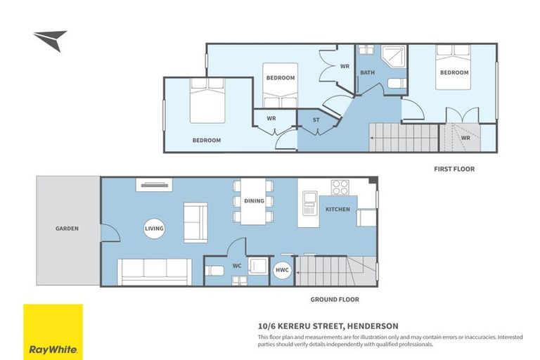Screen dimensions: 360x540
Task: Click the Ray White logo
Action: point(53,332)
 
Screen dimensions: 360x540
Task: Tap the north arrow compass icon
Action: point(50,39)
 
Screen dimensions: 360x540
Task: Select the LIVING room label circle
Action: point(154,229)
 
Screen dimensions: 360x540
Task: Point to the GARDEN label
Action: point(67,229)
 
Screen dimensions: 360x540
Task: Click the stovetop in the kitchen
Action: point(340,188)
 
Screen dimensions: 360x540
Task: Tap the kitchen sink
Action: point(309,206)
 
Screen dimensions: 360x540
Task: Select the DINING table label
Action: point(254,201)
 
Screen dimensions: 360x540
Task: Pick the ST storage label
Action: point(316,120)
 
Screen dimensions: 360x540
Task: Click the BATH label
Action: point(367,72)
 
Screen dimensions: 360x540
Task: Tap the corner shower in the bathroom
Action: point(394,58)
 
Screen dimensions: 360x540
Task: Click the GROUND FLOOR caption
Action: point(335,299)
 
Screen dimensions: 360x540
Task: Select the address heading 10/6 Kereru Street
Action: point(328,326)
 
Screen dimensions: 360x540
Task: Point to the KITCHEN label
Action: point(337,210)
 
